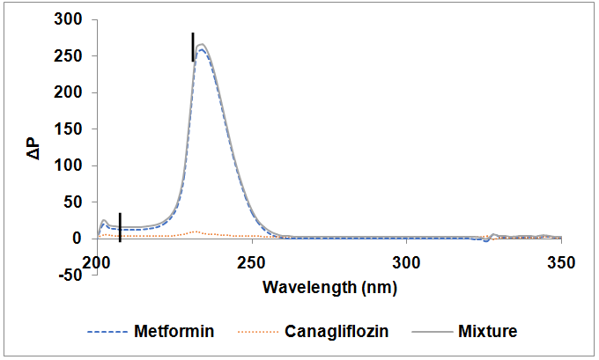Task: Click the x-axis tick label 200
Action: pyautogui.click(x=96, y=261)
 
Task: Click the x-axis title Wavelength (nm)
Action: pyautogui.click(x=329, y=286)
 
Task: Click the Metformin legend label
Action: pyautogui.click(x=174, y=332)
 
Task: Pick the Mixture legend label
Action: pyautogui.click(x=487, y=332)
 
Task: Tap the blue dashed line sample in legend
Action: pyautogui.click(x=107, y=333)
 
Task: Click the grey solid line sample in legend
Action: pyautogui.click(x=434, y=333)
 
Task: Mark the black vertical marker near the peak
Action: pyautogui.click(x=193, y=47)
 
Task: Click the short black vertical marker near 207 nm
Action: pyautogui.click(x=120, y=225)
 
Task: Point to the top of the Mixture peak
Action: pyautogui.click(x=202, y=44)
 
